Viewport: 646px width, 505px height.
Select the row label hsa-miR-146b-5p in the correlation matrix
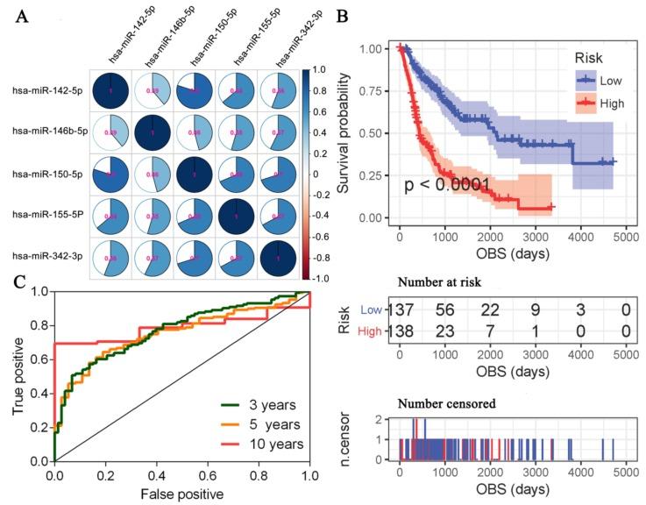[x=45, y=130]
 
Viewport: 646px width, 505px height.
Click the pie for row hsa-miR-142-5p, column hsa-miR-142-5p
[x=110, y=90]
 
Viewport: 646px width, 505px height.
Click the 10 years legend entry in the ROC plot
[x=276, y=445]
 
